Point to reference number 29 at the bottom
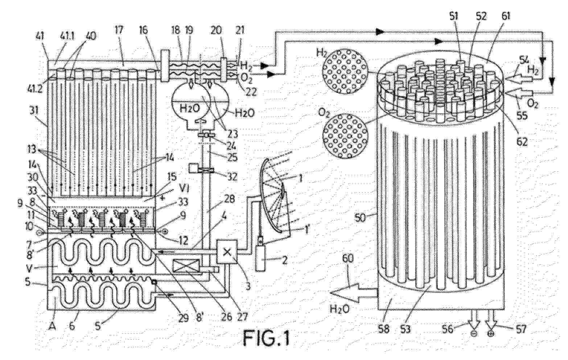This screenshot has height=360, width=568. pos(185,318)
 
